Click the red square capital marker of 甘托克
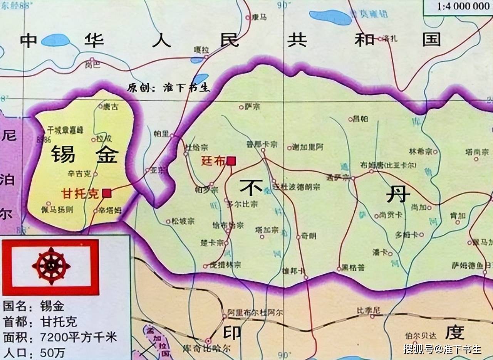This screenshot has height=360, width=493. [x=107, y=193]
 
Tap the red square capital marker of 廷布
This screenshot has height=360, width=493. [x=231, y=161]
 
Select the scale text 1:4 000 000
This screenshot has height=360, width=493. [x=457, y=6]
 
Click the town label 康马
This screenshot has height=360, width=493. [x=259, y=17]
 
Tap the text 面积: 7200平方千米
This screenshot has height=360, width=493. [x=60, y=338]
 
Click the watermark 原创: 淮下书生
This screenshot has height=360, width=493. [x=169, y=87]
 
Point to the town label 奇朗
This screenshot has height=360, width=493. [x=308, y=236]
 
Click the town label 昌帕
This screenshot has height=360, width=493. [x=361, y=119]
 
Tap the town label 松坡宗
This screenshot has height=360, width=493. [x=183, y=221]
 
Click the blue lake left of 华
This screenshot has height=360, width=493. [x=55, y=40]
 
